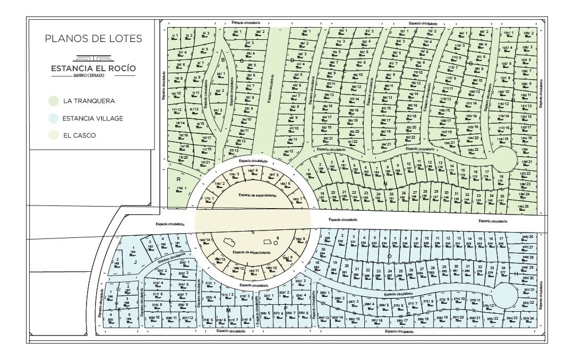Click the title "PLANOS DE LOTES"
[x=93, y=39]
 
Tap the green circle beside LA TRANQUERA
[x=53, y=101]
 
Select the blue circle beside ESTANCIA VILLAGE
[x=53, y=118]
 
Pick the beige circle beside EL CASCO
[x=53, y=135]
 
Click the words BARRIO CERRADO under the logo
[x=93, y=75]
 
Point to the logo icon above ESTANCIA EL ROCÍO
[x=93, y=58]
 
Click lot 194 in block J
[x=133, y=253]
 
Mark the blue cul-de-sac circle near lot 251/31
[x=505, y=295]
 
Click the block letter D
[x=292, y=60]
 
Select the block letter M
[x=228, y=310]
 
